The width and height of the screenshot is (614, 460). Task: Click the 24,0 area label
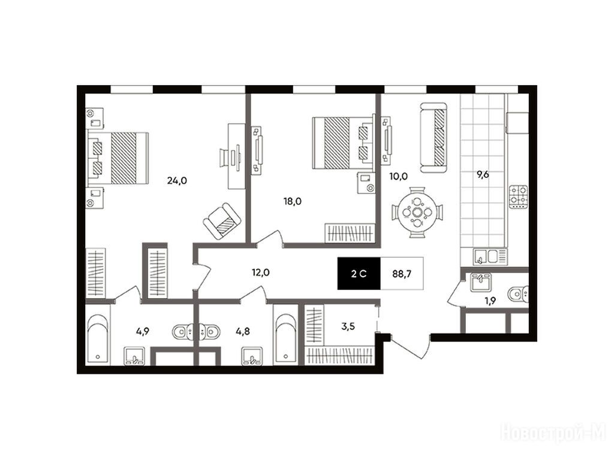coord(177,180)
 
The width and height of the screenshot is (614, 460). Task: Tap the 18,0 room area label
coord(293,201)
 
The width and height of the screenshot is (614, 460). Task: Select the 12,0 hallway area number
coord(260,273)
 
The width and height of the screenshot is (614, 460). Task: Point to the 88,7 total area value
coord(402,273)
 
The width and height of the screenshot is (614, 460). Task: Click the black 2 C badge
coord(359,273)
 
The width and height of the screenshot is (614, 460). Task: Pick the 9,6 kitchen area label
coord(483,174)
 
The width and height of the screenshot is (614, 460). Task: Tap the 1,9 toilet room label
coord(490,301)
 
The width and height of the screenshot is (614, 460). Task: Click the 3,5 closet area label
coord(348,326)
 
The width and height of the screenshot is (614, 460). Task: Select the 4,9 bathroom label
coord(143,331)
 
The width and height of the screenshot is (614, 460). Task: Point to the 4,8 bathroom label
coord(242,331)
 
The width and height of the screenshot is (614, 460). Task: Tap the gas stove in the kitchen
coord(519,196)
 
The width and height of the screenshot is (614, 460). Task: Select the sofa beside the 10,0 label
coord(434,137)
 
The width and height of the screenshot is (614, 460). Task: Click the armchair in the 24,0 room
coord(222,221)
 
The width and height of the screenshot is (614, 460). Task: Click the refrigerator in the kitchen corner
coord(517,122)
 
